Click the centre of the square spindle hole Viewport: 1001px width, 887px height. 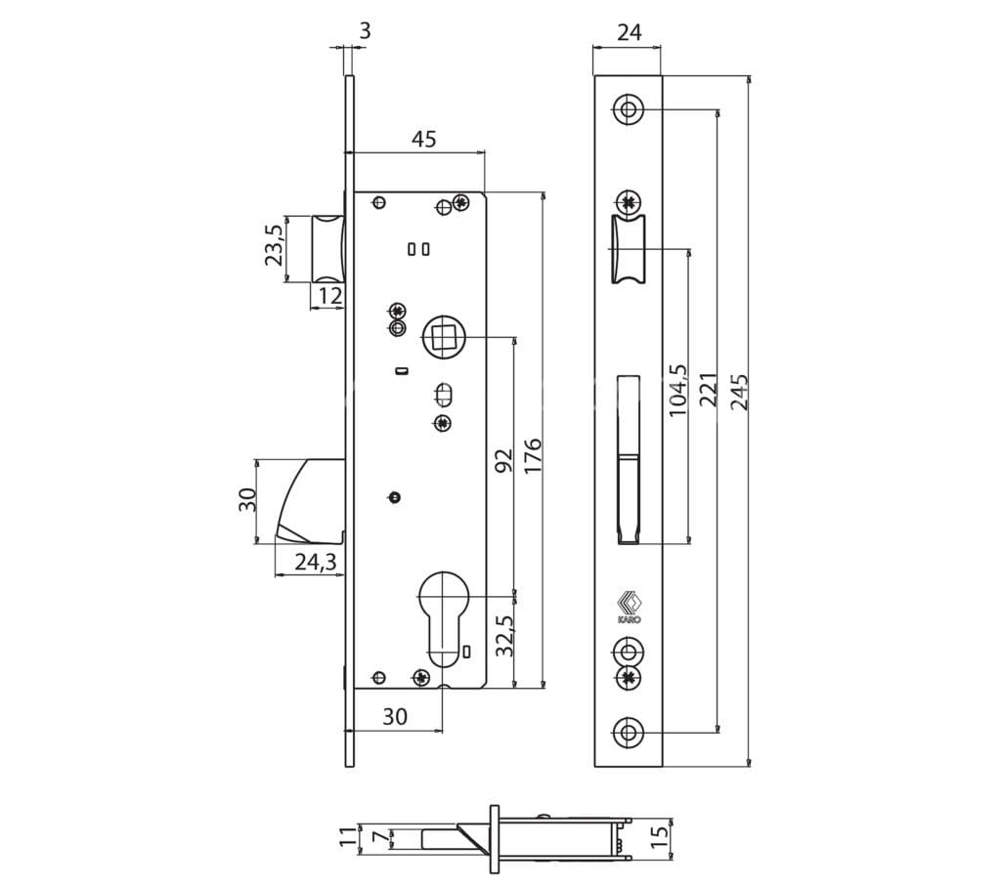point(445,336)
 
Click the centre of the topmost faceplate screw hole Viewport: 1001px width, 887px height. point(629,109)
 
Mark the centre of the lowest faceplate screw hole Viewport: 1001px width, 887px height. point(629,732)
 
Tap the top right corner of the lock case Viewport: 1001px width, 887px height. point(485,191)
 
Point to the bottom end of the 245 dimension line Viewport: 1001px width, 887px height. point(749,766)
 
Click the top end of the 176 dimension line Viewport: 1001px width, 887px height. point(544,191)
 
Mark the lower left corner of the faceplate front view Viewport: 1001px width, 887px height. point(594,766)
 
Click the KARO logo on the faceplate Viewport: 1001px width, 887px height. point(629,608)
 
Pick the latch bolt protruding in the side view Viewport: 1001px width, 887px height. point(328,248)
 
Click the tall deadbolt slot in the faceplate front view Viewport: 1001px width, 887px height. point(629,459)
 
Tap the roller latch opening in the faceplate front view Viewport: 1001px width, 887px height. point(629,249)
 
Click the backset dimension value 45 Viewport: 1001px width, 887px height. point(424,139)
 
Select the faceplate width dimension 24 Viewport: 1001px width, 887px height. point(630,32)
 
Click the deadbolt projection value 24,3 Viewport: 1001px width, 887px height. point(316,563)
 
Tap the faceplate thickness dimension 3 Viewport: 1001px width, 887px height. point(365,30)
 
